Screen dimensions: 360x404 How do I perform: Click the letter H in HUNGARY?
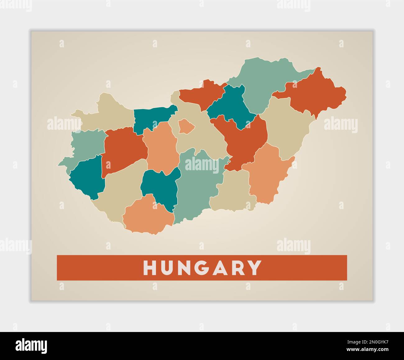(149, 268)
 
